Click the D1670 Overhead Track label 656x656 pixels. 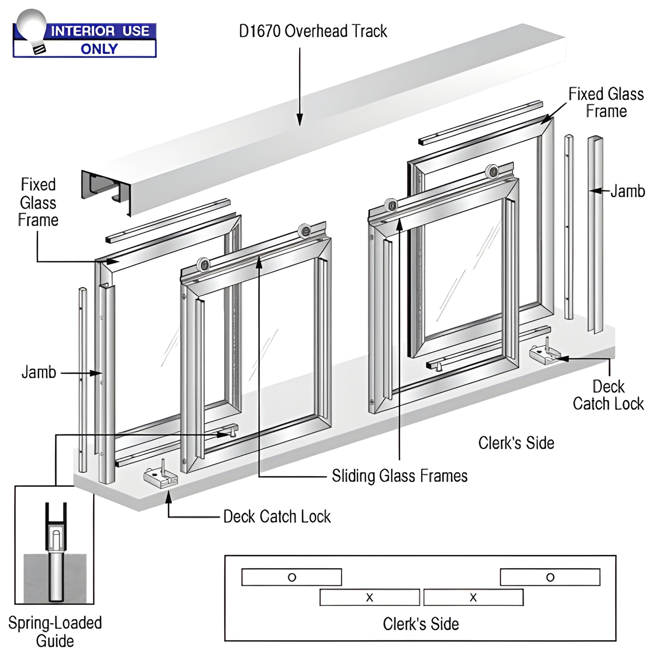pos(313,31)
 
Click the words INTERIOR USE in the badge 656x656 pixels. pos(100,31)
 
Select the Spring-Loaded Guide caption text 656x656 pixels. pos(55,631)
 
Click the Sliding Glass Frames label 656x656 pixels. pos(399,476)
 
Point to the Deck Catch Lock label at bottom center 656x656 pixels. pos(277,516)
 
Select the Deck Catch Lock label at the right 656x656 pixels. pos(608,395)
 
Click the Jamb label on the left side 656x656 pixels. pos(39,372)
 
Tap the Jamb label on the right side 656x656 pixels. pos(627,191)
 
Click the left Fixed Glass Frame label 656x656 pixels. pos(38,202)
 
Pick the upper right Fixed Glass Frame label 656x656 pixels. pos(606,102)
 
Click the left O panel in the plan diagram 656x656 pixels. pos(292,577)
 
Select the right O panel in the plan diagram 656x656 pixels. pos(550,577)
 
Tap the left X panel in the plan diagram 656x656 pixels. pos(369,597)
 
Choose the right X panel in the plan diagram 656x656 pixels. pos(473,597)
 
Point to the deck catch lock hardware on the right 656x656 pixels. pos(544,355)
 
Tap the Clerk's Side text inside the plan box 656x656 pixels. pos(421,624)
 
